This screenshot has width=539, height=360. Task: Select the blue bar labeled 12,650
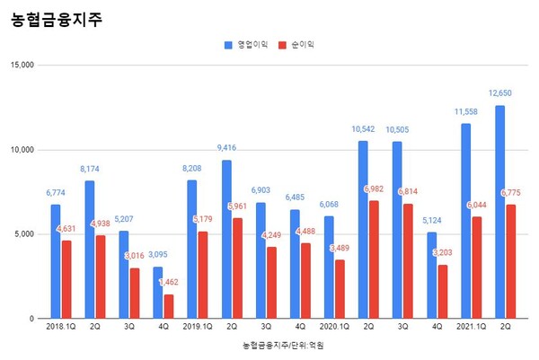499,212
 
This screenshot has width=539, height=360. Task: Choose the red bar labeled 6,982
375,259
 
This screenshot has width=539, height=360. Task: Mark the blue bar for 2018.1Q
56,261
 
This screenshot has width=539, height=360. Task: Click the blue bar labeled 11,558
465,221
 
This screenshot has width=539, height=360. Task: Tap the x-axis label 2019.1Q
198,329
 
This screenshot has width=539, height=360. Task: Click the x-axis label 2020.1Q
334,329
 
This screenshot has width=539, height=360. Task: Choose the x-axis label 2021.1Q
471,329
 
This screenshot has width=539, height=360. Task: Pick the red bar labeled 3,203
443,292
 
